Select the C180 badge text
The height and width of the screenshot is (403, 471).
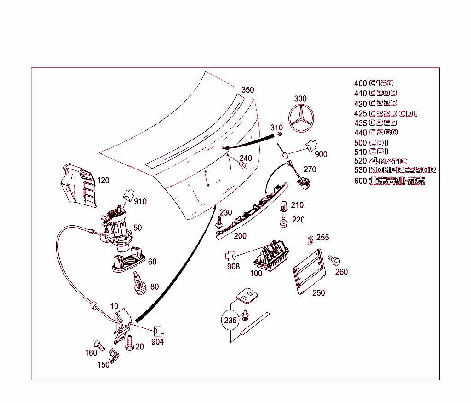[x=381, y=83]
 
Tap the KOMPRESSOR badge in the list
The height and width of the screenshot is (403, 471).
[x=402, y=170]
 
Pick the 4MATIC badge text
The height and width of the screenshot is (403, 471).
[x=388, y=161]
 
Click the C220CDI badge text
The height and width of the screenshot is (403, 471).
[x=393, y=113]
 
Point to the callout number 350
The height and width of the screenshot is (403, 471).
[x=247, y=90]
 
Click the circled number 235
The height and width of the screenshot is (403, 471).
[x=230, y=321]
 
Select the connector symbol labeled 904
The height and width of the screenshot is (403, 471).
[x=159, y=331]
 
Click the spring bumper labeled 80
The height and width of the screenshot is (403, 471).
[x=138, y=283]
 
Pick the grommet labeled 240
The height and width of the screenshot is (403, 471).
[x=244, y=165]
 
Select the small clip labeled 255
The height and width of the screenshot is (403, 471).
[x=310, y=239]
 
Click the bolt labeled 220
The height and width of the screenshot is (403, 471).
[x=283, y=221]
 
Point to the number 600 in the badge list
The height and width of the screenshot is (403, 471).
[x=360, y=181]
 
